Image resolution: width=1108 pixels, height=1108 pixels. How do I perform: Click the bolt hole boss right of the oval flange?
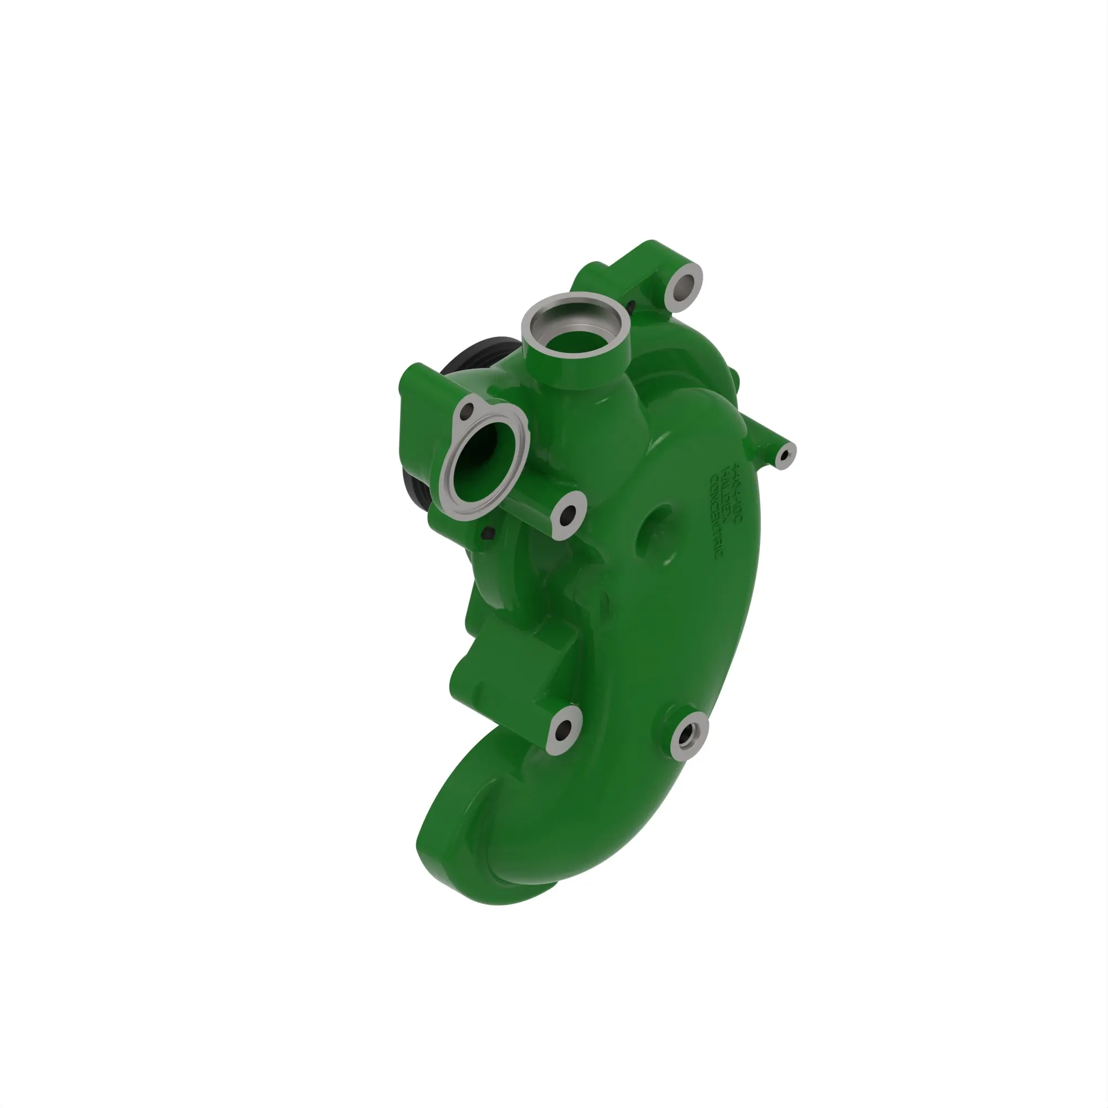[568, 515]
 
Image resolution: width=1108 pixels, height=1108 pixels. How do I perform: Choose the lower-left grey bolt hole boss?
[563, 730]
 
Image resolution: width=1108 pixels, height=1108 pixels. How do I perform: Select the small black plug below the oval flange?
[489, 533]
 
